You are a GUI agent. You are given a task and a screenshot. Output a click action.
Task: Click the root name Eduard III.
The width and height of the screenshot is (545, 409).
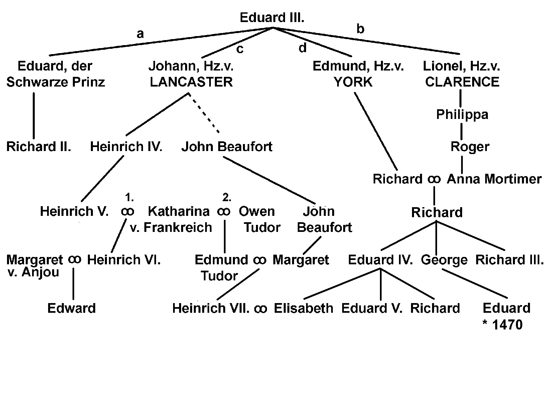point(272,18)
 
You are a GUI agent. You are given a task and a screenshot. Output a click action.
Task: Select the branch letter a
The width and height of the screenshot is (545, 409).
point(140,33)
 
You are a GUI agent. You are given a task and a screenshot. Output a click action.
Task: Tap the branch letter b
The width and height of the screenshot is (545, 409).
point(360,29)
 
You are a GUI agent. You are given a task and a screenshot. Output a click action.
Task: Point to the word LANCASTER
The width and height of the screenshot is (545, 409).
point(191,82)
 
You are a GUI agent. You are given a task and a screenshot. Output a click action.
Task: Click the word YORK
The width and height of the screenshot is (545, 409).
point(353,82)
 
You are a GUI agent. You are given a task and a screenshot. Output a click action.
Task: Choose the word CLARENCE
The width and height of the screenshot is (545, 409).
point(462,82)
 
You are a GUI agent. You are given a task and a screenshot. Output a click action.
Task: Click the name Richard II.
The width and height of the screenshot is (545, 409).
point(39,147)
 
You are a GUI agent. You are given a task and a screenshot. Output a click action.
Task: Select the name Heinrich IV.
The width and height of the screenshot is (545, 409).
point(126,147)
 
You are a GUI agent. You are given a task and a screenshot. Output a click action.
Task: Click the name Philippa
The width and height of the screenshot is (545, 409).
point(462,115)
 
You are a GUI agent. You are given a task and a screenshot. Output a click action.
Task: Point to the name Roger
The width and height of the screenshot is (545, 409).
point(470,147)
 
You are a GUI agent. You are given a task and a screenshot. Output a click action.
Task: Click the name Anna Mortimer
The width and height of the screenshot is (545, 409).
point(494,179)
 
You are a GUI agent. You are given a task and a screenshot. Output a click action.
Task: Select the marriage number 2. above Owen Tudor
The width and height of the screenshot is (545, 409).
point(227,198)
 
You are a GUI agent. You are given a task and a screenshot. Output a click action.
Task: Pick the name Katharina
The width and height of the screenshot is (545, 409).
point(178,211)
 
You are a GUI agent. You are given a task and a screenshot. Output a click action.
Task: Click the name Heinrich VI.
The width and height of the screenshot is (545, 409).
point(124,260)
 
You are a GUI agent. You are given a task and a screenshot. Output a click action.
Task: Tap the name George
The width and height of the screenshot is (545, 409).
point(444,260)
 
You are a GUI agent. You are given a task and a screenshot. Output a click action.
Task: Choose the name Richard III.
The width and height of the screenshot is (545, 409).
point(509,260)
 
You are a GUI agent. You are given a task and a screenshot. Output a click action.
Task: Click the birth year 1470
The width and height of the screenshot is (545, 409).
point(507,325)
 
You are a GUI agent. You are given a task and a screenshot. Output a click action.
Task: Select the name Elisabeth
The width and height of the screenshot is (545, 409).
point(303,308)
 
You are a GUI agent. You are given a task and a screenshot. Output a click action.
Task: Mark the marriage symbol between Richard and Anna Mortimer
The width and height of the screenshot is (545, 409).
point(434,179)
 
